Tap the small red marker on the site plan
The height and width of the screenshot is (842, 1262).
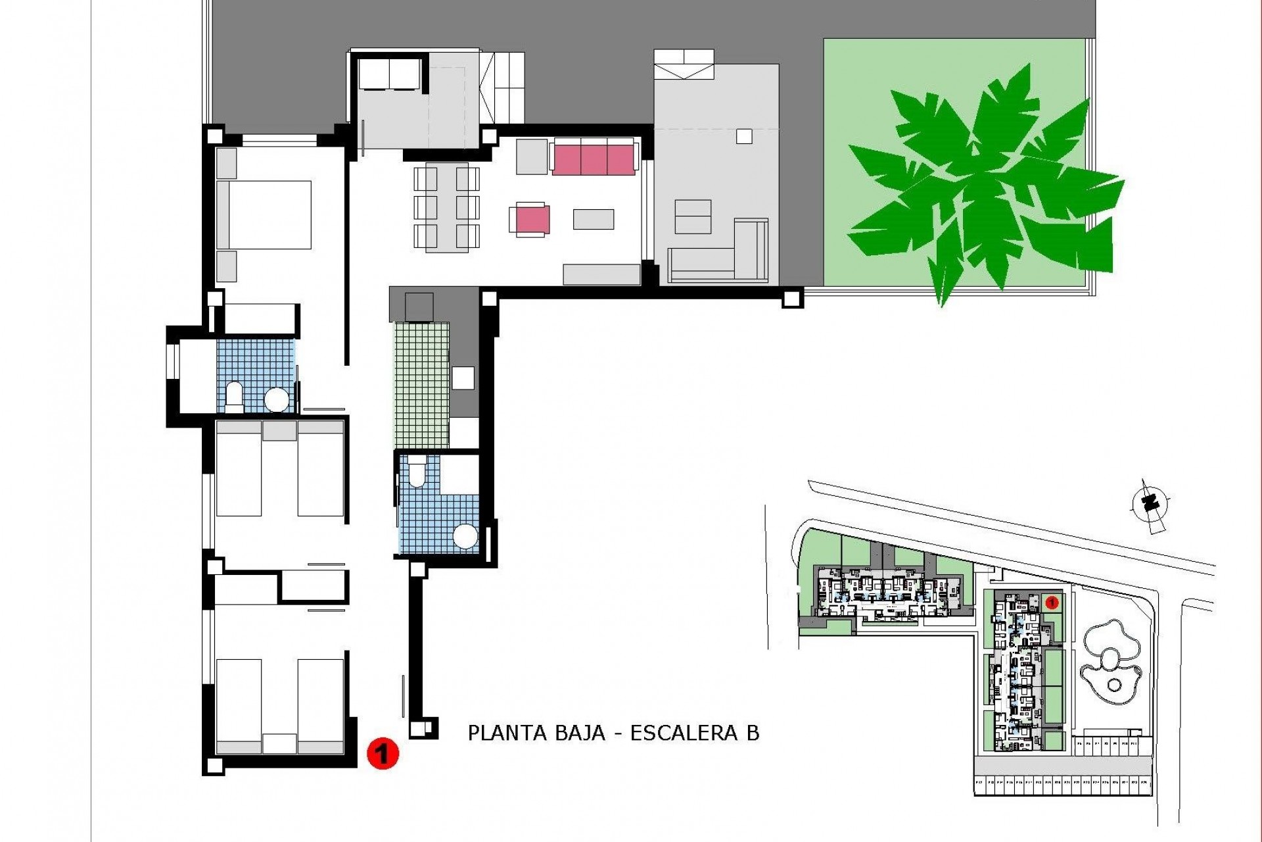coord(1050,601)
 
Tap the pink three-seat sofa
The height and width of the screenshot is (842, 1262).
coord(594,158)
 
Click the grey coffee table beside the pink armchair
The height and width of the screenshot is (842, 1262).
coord(594,219)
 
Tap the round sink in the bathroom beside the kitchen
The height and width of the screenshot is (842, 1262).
coord(465,537)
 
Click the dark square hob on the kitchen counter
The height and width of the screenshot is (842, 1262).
coord(419,308)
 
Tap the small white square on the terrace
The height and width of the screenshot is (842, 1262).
coord(743,136)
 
